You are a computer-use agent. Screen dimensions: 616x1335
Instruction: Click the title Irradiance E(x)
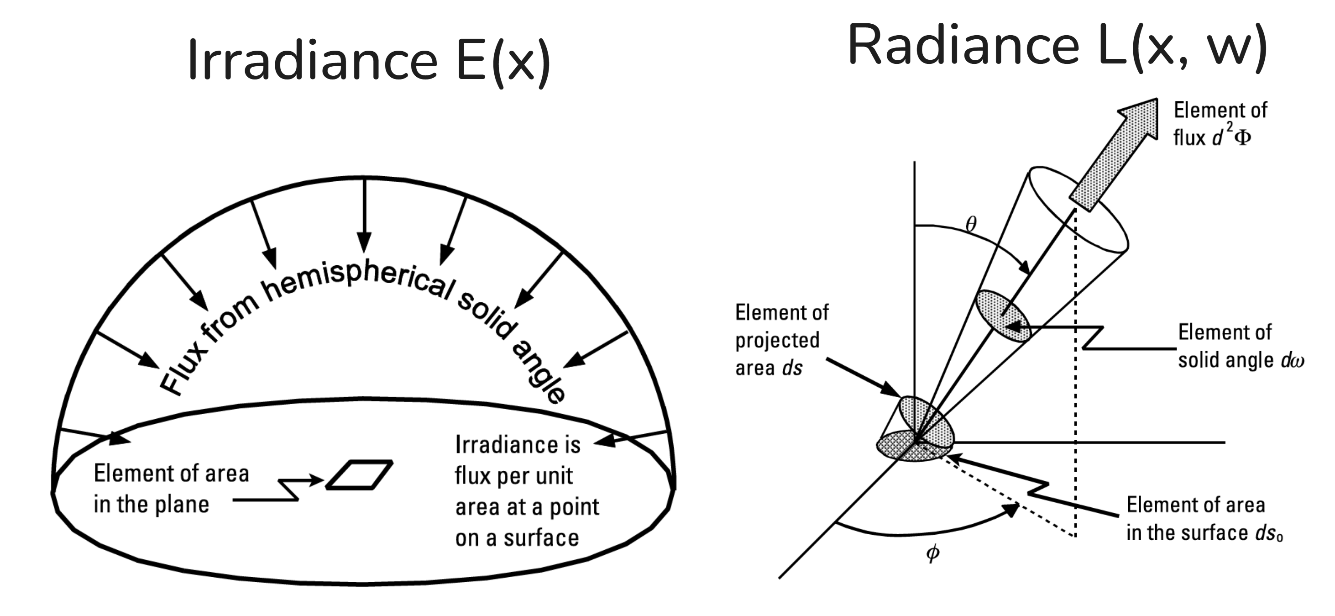point(369,61)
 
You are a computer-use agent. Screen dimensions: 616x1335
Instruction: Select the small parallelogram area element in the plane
point(359,474)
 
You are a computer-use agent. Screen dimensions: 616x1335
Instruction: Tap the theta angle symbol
point(971,224)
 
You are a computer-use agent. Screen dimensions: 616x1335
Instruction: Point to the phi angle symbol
point(932,553)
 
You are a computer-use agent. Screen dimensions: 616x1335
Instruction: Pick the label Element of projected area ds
point(781,340)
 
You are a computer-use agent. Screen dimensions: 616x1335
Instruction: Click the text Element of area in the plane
point(171,489)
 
